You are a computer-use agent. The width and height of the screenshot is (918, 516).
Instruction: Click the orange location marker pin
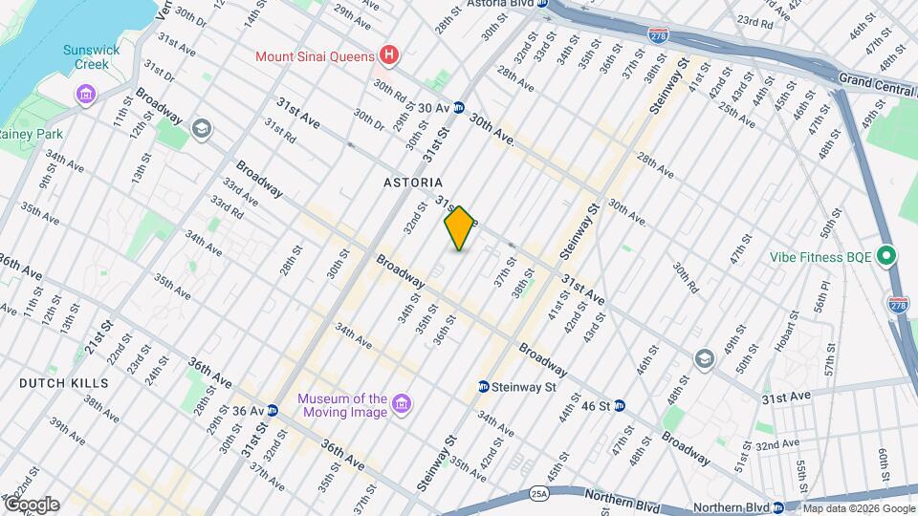point(460,228)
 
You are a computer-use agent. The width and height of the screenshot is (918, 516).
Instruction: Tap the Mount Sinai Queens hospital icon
point(387,55)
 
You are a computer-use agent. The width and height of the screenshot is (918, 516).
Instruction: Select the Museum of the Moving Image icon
point(402,405)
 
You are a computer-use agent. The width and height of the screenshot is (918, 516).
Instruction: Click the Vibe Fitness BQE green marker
point(885,256)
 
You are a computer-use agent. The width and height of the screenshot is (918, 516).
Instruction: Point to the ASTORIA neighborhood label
point(413,182)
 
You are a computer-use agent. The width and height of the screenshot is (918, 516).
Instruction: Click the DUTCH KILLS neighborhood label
point(64,382)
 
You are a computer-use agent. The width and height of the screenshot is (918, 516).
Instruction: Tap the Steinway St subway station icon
point(485,387)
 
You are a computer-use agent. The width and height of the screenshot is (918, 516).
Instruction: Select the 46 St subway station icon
point(620,405)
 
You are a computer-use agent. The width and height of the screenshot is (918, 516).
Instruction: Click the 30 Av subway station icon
point(459,108)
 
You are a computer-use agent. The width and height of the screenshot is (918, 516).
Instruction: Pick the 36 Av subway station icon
point(272,411)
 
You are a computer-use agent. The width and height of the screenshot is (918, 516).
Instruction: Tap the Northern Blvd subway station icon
point(779,507)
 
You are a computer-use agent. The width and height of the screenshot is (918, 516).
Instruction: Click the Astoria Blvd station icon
point(542,4)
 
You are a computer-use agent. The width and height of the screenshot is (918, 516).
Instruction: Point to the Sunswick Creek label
point(86,56)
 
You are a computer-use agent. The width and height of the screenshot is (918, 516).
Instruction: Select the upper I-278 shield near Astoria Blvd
point(659,34)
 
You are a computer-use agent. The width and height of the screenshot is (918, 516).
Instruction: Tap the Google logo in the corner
point(31,504)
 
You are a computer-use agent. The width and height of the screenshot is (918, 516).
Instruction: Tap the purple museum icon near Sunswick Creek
point(86,95)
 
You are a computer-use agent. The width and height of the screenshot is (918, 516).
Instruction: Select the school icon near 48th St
point(705,358)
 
